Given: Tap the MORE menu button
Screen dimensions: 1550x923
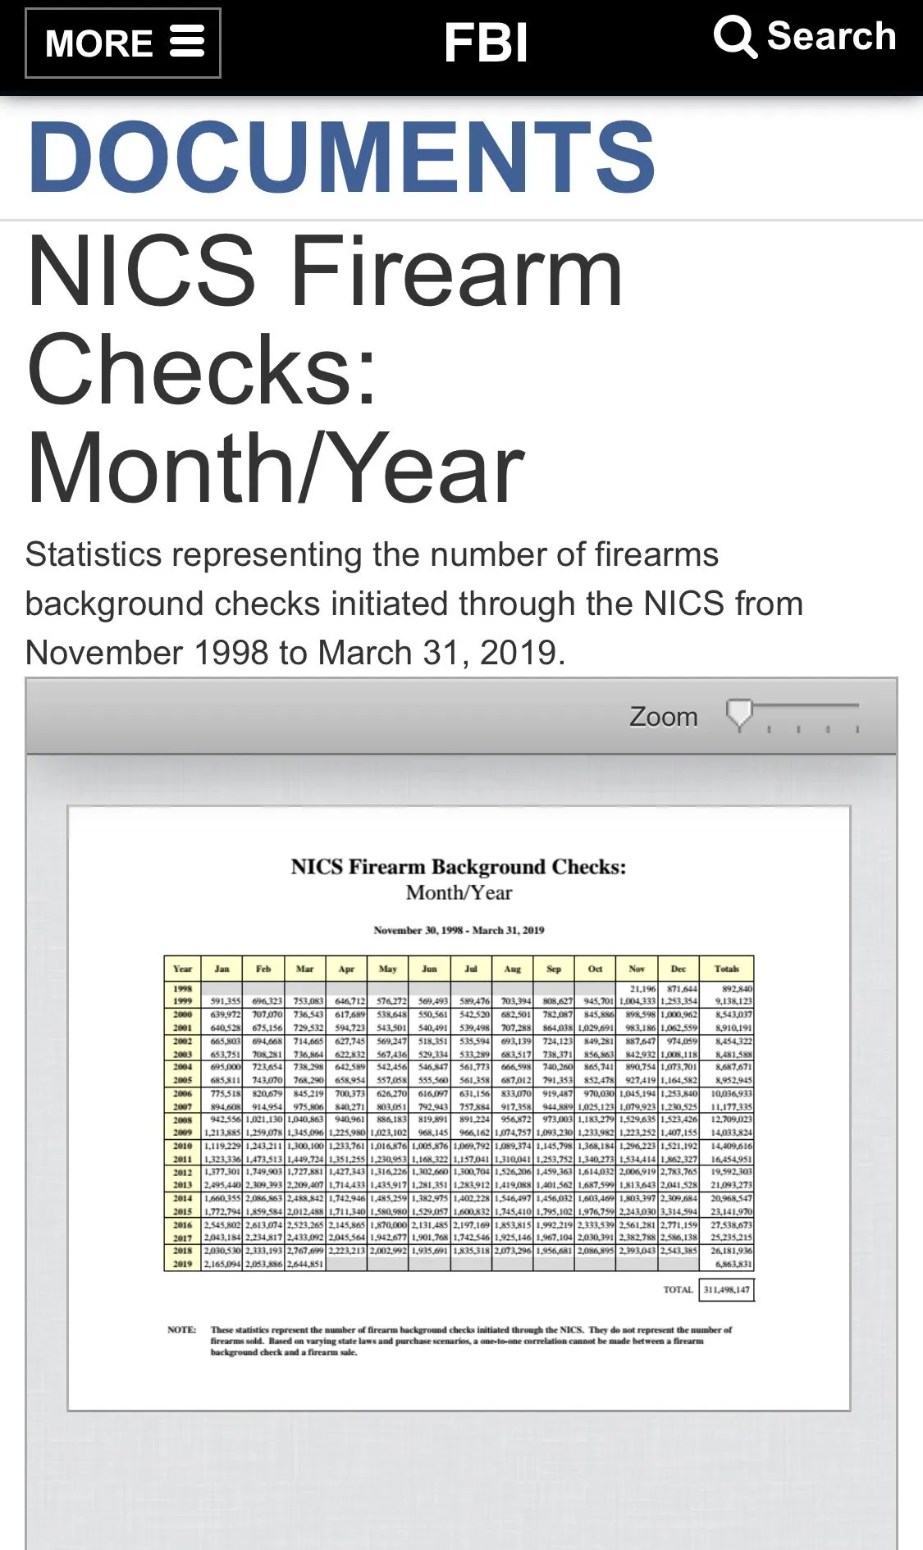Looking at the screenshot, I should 123,43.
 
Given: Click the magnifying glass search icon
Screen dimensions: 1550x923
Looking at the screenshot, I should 734,37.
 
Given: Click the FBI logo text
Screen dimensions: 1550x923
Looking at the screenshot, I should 486,43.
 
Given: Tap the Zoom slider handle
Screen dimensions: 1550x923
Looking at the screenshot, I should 739,713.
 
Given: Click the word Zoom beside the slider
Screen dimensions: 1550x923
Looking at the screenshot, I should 663,717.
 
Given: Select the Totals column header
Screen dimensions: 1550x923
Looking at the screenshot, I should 726,969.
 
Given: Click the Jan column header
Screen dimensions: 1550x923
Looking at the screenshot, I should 222,969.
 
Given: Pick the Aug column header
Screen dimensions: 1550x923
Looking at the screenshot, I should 512,969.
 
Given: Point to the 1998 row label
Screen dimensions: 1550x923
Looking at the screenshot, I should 182,989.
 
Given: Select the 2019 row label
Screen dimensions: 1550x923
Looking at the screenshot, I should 182,1265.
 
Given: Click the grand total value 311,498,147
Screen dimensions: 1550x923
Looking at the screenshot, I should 726,1290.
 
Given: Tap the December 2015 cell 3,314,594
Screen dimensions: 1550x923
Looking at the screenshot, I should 679,1212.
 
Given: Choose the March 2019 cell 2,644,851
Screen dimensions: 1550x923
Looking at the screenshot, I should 305,1265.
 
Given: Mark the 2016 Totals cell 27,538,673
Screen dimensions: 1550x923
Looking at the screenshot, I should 730,1225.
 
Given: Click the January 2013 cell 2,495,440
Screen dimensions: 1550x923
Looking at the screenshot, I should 223,1186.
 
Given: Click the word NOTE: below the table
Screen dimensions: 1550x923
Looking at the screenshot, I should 181,1330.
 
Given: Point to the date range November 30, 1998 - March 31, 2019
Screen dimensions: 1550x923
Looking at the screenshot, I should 459,930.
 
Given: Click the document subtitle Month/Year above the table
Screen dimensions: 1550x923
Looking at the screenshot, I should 459,893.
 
